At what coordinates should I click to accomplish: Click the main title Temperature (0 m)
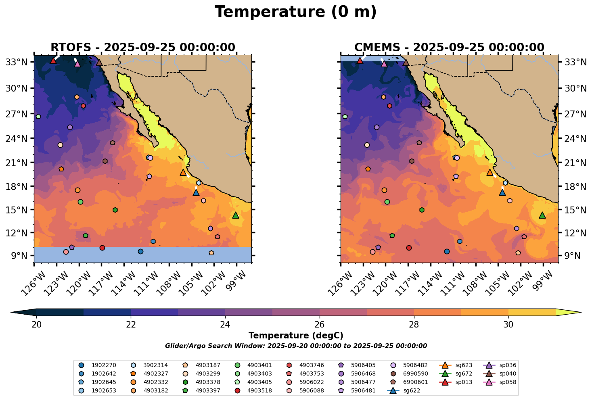click(295, 12)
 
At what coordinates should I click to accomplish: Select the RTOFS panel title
click(142, 48)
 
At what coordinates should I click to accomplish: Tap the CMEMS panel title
click(449, 48)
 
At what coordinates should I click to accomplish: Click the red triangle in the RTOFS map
click(53, 61)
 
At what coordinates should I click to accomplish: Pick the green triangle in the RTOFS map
click(236, 215)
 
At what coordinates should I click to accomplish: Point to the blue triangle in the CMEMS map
click(502, 192)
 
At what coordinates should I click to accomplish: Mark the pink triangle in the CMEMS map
click(384, 64)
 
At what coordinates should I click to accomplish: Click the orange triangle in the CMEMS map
click(490, 173)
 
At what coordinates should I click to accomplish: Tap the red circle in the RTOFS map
click(102, 248)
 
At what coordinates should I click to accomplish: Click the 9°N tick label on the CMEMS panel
click(569, 256)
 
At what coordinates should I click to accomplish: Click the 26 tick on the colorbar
click(320, 325)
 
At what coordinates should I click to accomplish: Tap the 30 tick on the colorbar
click(508, 325)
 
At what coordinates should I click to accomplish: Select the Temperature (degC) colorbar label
click(296, 336)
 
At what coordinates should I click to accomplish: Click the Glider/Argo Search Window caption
click(296, 346)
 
